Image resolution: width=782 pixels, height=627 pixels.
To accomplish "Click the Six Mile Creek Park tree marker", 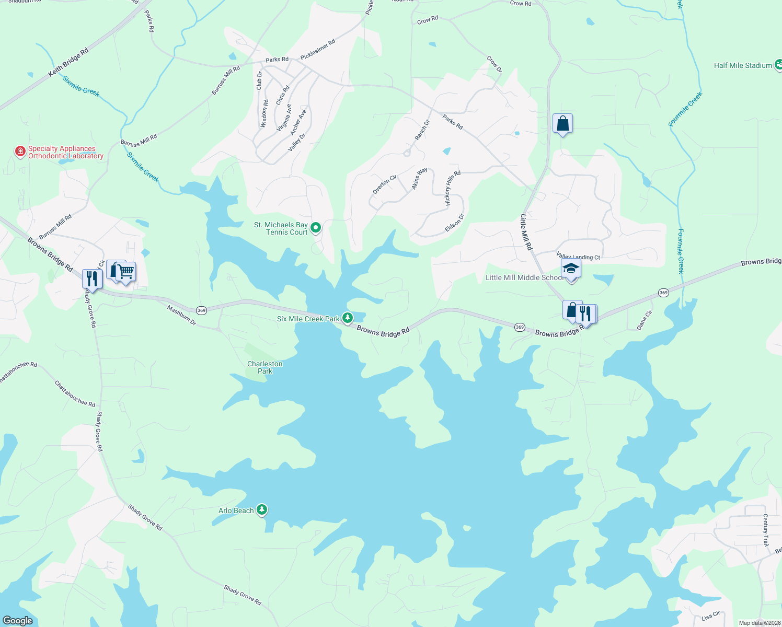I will [347, 318].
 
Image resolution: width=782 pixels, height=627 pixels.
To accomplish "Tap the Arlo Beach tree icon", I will [262, 509].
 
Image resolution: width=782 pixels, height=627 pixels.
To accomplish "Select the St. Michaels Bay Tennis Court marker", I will [316, 227].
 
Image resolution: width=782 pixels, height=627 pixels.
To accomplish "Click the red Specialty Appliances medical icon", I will [20, 152].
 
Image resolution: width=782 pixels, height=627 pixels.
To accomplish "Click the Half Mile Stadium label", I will [743, 65].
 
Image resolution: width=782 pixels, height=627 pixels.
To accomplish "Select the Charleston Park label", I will [265, 367].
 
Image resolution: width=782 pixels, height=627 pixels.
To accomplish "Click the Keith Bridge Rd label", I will [68, 63].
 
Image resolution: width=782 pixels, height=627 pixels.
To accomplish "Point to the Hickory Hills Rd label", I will [453, 188].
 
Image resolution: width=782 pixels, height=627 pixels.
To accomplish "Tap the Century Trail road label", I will [765, 530].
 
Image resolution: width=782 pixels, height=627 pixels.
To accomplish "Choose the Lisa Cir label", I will [711, 616].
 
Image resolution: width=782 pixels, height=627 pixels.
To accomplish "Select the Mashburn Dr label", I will [181, 316].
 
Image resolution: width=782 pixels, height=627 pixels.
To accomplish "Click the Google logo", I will [18, 620].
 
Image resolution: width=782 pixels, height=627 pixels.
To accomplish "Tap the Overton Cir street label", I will [385, 184].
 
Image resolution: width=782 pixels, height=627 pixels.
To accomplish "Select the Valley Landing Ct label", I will [578, 257].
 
